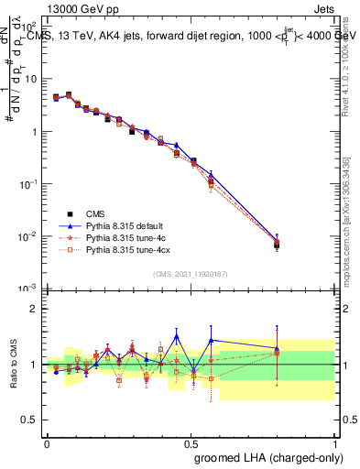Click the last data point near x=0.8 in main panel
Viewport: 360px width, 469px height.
point(277,244)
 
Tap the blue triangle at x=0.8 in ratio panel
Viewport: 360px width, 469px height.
point(277,348)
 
